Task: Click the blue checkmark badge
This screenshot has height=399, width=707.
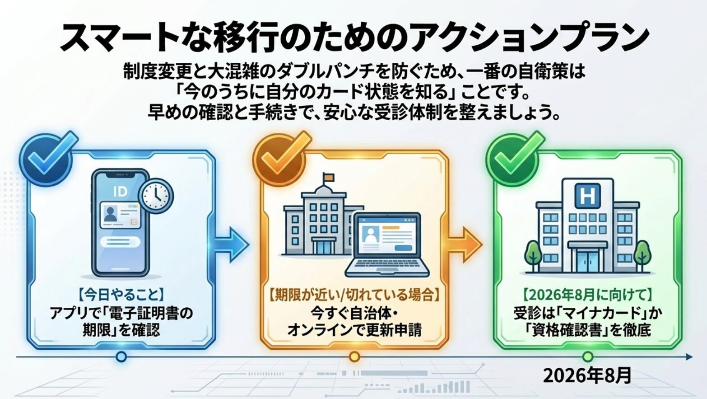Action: pos(47,160)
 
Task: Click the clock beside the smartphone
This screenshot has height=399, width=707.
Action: pos(156,195)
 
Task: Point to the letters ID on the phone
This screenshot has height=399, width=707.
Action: pos(120,192)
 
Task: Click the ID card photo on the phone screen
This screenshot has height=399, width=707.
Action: pos(110,214)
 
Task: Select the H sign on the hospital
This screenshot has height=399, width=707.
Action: pos(587,196)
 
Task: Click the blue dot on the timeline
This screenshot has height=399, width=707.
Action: pos(121,357)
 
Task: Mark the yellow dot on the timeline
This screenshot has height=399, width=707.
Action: pos(354,357)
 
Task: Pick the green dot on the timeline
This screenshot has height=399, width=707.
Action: pos(587,357)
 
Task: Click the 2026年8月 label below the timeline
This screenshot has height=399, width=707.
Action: pos(587,376)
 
